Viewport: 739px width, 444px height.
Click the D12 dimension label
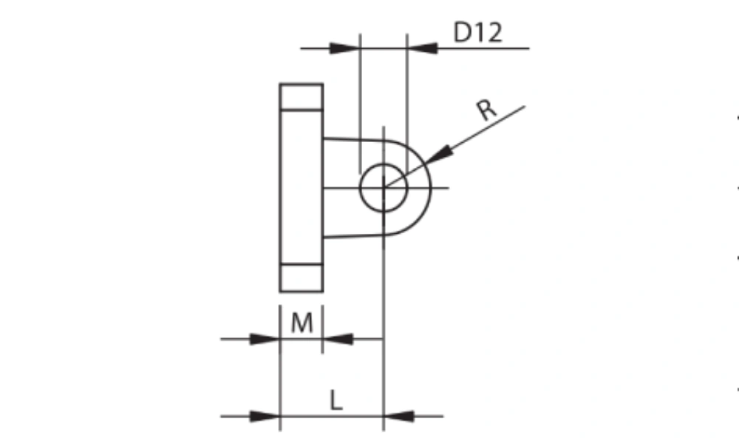click(x=477, y=32)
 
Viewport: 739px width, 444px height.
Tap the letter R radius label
click(x=486, y=110)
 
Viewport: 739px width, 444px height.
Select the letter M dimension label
click(x=302, y=323)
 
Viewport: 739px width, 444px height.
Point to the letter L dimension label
click(x=336, y=400)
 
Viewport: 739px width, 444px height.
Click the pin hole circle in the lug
click(x=361, y=188)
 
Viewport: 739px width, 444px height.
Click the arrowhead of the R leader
click(x=439, y=155)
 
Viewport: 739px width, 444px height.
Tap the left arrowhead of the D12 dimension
click(x=345, y=48)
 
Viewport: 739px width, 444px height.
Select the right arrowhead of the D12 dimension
click(x=422, y=48)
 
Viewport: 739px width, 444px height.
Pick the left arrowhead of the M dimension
click(x=265, y=339)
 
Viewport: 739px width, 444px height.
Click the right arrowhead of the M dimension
click(x=338, y=339)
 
